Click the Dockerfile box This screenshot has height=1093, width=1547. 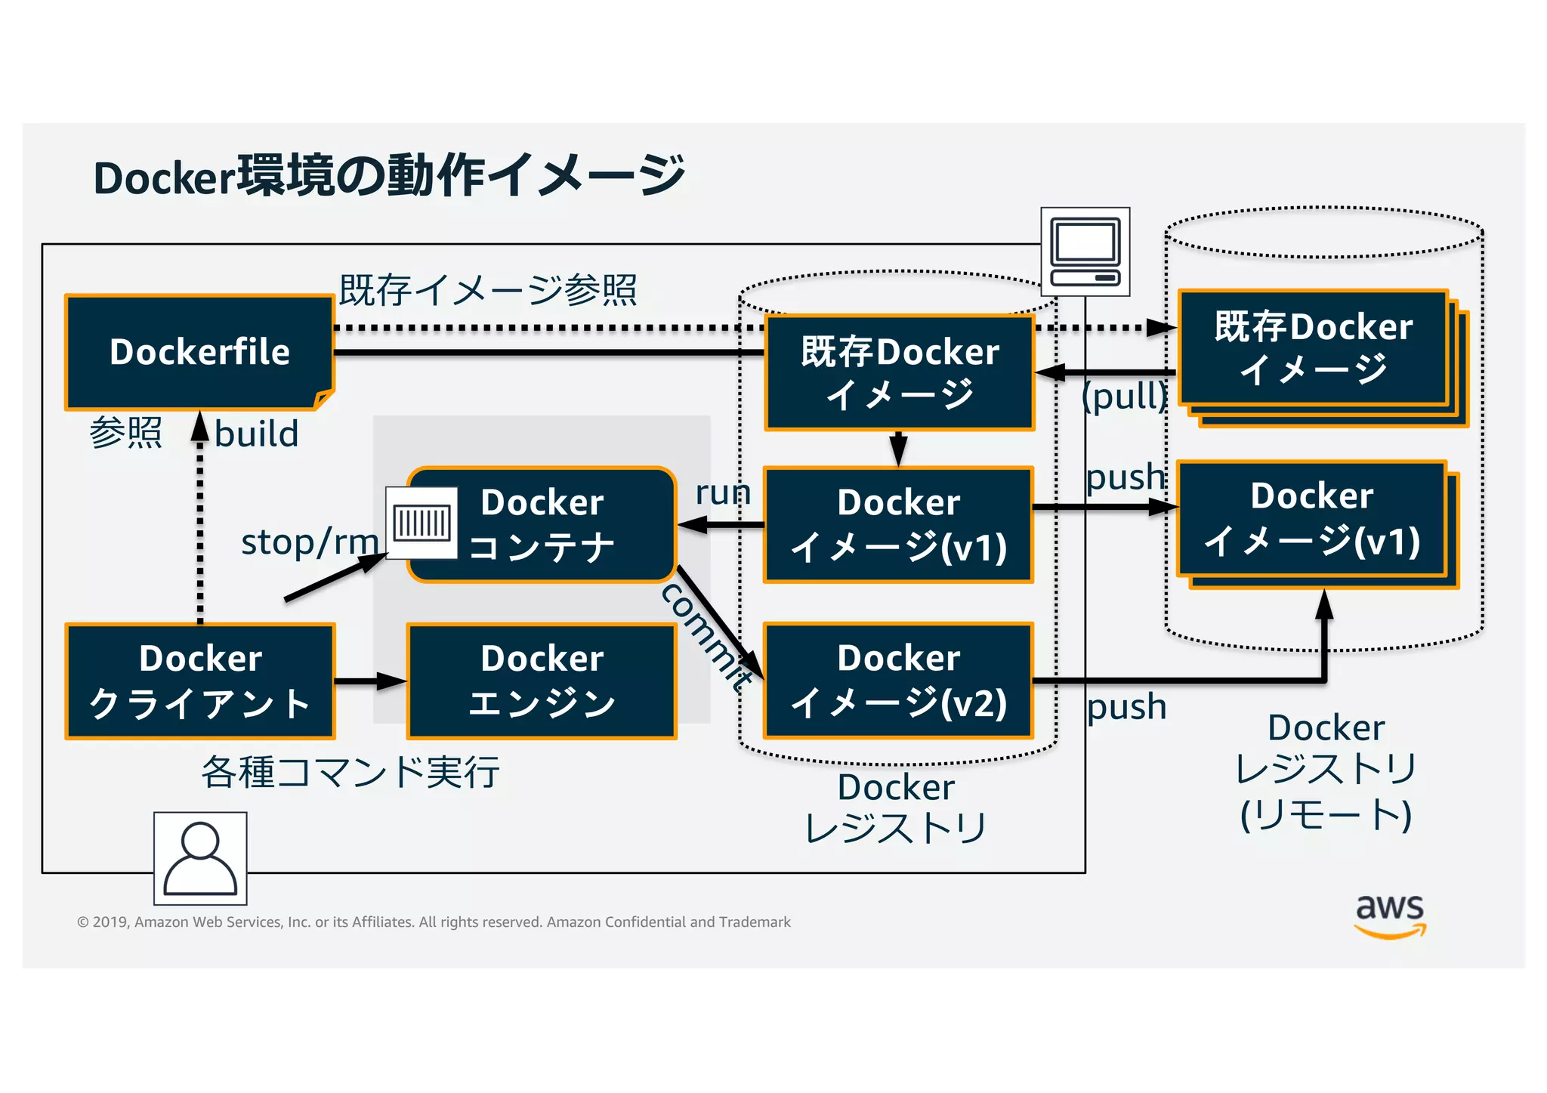[x=199, y=352]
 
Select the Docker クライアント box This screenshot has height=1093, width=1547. [x=200, y=681]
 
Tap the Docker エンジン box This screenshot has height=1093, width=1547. [x=542, y=681]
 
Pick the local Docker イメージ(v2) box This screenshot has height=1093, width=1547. [x=898, y=681]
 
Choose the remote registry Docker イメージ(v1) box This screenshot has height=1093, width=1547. [x=1312, y=519]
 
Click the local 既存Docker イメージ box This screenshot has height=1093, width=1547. [x=899, y=373]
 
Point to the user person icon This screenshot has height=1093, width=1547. [x=200, y=858]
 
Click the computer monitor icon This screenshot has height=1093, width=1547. [x=1085, y=252]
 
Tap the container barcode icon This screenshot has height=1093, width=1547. [x=421, y=523]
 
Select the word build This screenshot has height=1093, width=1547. [x=257, y=434]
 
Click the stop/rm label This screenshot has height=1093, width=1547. [x=310, y=542]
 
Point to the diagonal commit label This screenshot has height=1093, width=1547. [x=706, y=636]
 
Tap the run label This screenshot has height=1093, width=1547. [x=723, y=492]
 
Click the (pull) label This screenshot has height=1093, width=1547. [x=1124, y=395]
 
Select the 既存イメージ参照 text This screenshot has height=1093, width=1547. [x=488, y=290]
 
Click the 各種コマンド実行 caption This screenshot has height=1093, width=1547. [x=350, y=772]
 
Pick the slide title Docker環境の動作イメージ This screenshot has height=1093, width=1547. [x=389, y=176]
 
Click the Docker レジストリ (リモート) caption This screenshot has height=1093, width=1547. [x=1326, y=771]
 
